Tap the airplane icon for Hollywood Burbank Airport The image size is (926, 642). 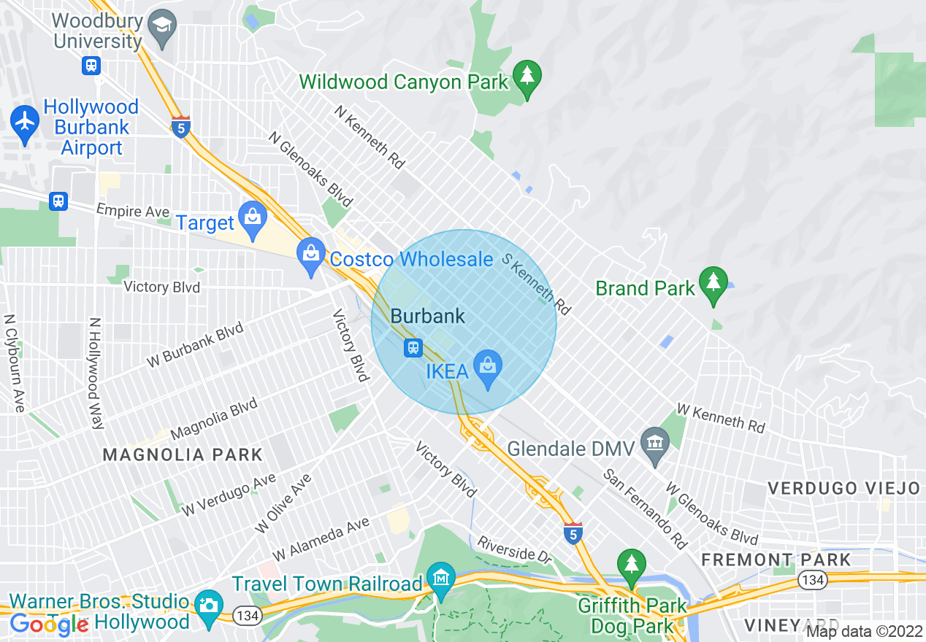click(x=25, y=121)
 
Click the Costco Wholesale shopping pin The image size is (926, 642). click(x=311, y=255)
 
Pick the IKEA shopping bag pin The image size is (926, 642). click(x=488, y=366)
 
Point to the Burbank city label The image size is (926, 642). click(x=428, y=317)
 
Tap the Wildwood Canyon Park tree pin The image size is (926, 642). click(x=527, y=77)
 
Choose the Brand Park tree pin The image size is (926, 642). click(x=713, y=283)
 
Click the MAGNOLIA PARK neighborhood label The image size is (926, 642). click(x=183, y=455)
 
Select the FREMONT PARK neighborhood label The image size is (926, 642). click(x=776, y=560)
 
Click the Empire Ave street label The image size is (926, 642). click(x=133, y=212)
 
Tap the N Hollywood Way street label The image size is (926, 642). click(x=95, y=374)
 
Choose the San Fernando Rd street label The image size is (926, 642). click(x=646, y=508)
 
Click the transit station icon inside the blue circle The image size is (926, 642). click(x=413, y=348)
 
